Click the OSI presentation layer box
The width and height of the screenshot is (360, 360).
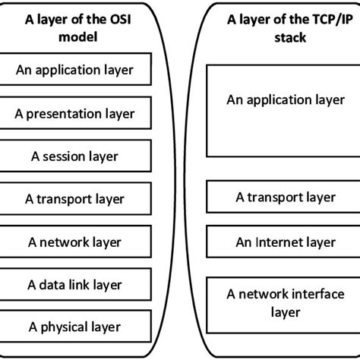pos(74,114)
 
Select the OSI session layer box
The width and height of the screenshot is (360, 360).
pos(74,156)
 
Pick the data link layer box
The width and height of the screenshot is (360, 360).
pos(74,285)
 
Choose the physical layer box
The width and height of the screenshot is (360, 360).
pos(74,327)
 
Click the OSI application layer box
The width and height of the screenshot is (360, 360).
pos(74,71)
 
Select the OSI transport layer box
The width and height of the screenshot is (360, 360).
pos(74,199)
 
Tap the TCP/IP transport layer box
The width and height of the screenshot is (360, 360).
pos(285,197)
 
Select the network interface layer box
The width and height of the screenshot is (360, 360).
pos(285,302)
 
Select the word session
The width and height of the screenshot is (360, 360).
pos(68,156)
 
